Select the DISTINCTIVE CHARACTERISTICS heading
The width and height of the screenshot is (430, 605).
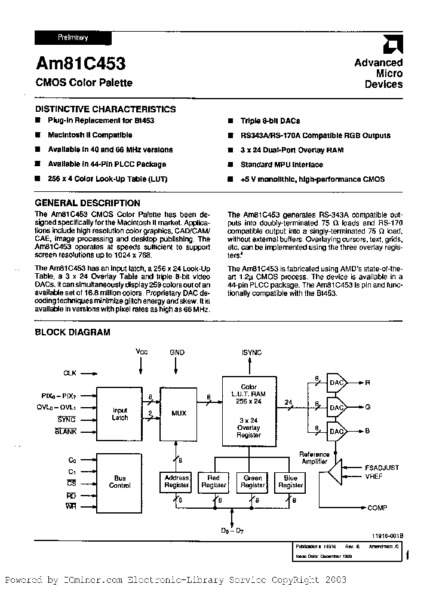pos(105,109)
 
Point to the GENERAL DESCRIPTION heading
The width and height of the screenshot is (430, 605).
pos(87,203)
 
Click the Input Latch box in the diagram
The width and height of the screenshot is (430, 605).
pos(120,414)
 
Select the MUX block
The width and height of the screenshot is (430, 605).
pos(179,413)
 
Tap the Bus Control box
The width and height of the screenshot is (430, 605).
pos(120,482)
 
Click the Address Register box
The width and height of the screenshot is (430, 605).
pos(176,482)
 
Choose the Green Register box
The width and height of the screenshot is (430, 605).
pos(253,482)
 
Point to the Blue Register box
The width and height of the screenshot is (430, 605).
pos(290,482)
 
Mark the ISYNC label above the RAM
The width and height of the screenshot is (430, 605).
pos(251,353)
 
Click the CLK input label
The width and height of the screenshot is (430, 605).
pos(70,373)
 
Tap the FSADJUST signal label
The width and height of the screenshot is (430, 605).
pos(382,467)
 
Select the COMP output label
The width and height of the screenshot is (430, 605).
pos(377,508)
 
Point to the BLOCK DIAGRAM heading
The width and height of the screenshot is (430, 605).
pos(72,332)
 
